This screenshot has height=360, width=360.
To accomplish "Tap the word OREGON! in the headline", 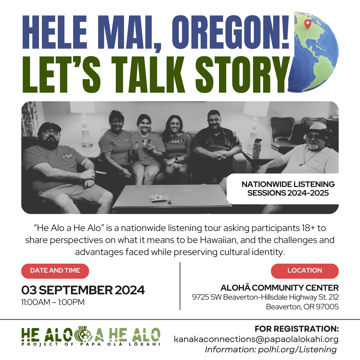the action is (x=230, y=32).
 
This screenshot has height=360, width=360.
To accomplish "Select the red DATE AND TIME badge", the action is (x=55, y=271).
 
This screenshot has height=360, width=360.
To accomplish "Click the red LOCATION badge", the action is (x=305, y=271).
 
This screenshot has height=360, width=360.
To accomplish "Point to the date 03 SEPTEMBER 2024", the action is (x=83, y=290).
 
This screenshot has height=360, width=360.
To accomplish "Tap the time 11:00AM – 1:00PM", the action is (x=53, y=302).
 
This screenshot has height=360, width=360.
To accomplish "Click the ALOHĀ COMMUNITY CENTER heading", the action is (x=279, y=288).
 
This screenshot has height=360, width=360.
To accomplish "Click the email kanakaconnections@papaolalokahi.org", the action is (x=256, y=339).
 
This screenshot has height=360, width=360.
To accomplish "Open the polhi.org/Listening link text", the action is (x=297, y=350).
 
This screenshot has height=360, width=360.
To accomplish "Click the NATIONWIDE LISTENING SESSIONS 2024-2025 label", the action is (x=288, y=188).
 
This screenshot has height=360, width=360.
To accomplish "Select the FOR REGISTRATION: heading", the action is (x=297, y=329).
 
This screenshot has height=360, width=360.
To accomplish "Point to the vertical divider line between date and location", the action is (x=180, y=286).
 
